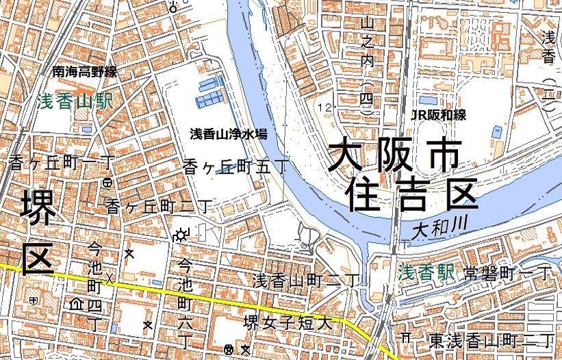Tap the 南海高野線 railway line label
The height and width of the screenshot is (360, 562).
click(85, 71)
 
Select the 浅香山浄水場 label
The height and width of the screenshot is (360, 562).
click(228, 133)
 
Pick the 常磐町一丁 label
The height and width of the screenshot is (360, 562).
click(507, 272)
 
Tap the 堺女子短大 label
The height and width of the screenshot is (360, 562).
click(289, 322)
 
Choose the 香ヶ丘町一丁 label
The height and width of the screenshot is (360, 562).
click(62, 163)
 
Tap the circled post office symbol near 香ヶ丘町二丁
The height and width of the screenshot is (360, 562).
click(107, 183)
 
